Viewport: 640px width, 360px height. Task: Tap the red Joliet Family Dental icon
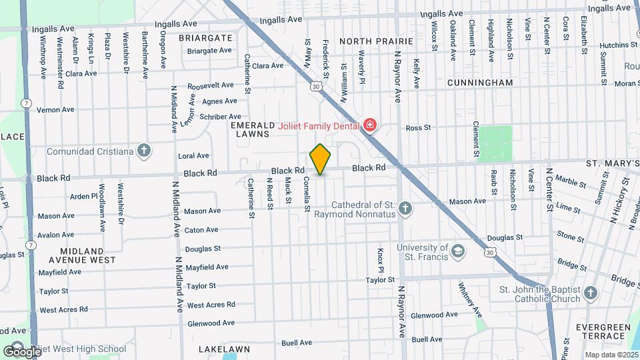click(369, 125)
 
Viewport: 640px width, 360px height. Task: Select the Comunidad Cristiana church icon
click(143, 151)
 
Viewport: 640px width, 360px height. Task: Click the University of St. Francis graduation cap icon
click(458, 252)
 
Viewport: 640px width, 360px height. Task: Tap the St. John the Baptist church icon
click(589, 293)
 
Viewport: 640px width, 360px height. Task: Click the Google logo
click(21, 351)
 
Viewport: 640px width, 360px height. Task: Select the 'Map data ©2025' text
click(607, 355)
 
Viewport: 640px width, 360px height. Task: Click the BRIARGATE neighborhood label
click(205, 38)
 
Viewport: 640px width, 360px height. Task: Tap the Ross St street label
click(419, 127)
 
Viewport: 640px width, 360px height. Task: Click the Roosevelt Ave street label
click(210, 86)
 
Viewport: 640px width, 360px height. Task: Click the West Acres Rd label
click(211, 305)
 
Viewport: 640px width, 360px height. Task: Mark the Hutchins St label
click(619, 45)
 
